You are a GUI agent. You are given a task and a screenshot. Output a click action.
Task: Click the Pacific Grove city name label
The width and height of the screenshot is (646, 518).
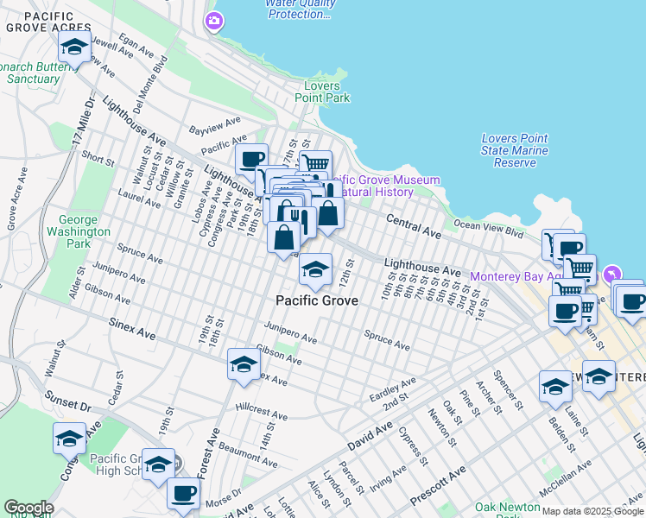(316, 300)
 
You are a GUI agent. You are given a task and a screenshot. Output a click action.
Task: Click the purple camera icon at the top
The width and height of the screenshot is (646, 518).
(213, 20)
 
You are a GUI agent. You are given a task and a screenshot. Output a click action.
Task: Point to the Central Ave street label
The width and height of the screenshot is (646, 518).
(414, 226)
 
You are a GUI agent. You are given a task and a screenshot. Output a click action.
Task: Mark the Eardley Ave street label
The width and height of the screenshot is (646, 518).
(393, 386)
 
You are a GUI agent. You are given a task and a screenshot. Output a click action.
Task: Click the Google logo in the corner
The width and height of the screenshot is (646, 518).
(28, 508)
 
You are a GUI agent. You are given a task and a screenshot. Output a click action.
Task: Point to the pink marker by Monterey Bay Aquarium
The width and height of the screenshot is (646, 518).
(612, 274)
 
